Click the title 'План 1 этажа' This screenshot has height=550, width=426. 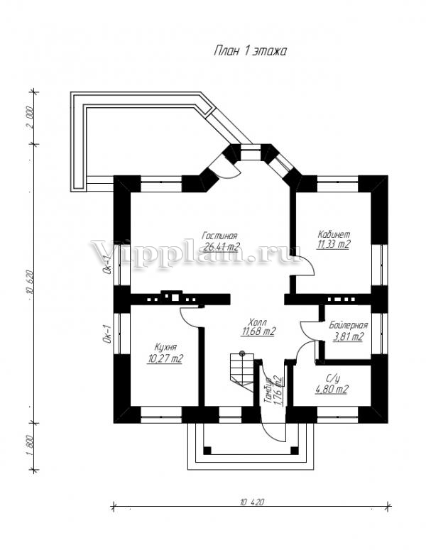249,51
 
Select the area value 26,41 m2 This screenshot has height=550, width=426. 220,247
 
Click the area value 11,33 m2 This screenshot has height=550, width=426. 334,244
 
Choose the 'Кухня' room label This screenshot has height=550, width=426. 165,347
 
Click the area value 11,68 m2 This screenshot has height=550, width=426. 258,331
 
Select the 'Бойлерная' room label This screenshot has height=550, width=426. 348,325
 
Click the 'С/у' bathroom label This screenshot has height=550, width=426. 332,379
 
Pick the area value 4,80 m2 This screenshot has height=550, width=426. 332,389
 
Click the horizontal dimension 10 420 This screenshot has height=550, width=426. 251,502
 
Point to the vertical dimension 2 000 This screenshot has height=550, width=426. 30,118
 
